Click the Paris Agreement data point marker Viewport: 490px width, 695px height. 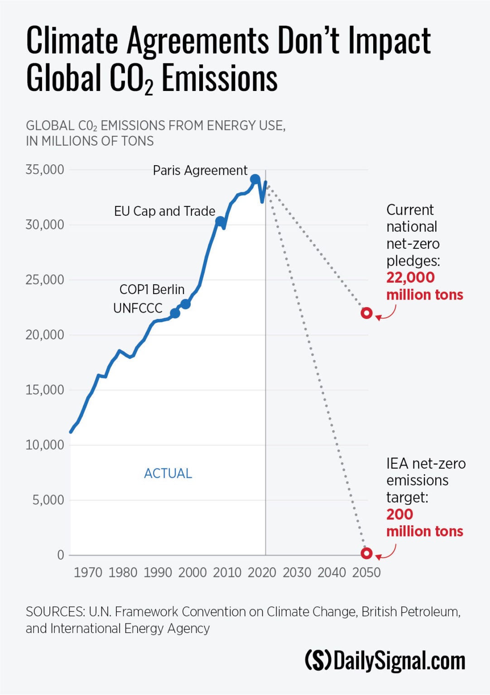(x=255, y=179)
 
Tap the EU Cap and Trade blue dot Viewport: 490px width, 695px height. (x=220, y=221)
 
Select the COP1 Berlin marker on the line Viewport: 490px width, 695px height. (x=185, y=304)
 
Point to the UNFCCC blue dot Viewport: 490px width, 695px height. (x=175, y=313)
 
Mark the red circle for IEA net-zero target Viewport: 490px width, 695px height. (x=366, y=553)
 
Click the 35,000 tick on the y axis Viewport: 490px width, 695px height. (x=45, y=170)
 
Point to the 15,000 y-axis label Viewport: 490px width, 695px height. (x=45, y=390)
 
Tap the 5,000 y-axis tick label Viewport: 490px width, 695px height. (x=48, y=500)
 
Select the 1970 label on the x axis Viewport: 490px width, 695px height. (x=88, y=572)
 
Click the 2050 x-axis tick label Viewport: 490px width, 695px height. (x=366, y=572)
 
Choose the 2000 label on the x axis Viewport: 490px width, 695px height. (x=192, y=572)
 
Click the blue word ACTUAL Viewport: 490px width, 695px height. (x=168, y=473)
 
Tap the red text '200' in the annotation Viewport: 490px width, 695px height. (x=399, y=514)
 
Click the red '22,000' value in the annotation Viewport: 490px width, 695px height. (x=410, y=277)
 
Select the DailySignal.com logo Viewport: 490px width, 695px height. (x=385, y=661)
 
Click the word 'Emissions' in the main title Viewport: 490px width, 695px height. (x=219, y=79)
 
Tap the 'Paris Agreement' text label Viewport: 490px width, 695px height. (x=200, y=171)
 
